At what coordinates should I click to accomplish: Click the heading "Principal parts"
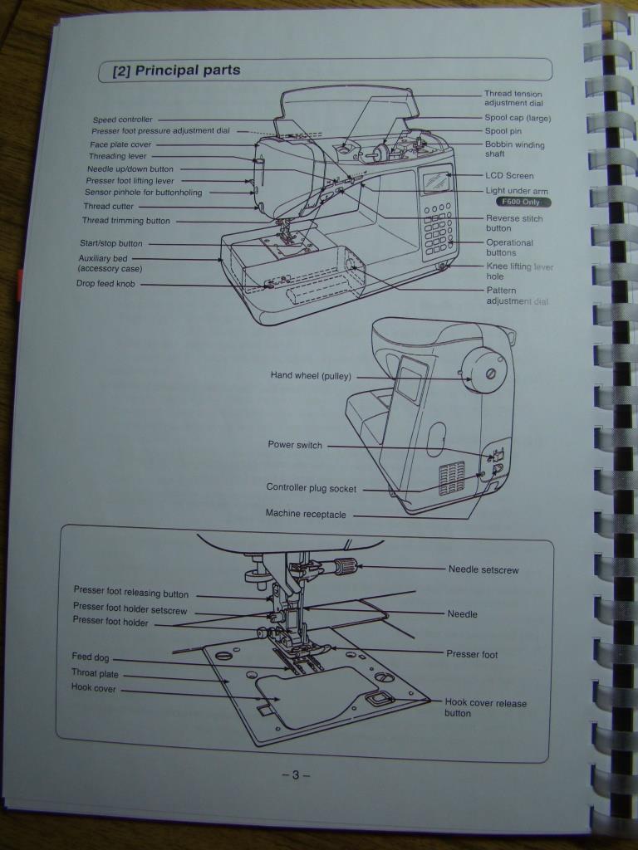point(187,71)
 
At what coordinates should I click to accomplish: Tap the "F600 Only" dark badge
point(523,202)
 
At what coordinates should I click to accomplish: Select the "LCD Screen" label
point(509,176)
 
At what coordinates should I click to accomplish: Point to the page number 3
point(296,774)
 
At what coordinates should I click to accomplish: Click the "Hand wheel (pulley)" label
point(311,375)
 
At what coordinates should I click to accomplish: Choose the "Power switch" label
point(295,445)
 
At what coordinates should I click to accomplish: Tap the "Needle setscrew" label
point(483,569)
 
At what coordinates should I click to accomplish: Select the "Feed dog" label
point(90,657)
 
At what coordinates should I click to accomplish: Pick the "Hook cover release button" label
point(485,708)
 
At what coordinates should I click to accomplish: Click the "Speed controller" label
point(123,120)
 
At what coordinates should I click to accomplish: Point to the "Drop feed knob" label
point(106,284)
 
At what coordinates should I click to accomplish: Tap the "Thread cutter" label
point(109,206)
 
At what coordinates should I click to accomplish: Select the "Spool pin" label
point(503,130)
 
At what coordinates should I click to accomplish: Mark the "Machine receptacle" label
point(306,514)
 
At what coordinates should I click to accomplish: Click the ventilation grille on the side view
point(452,478)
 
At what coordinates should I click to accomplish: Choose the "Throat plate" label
point(95,673)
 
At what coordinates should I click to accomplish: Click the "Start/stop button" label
point(111,243)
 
